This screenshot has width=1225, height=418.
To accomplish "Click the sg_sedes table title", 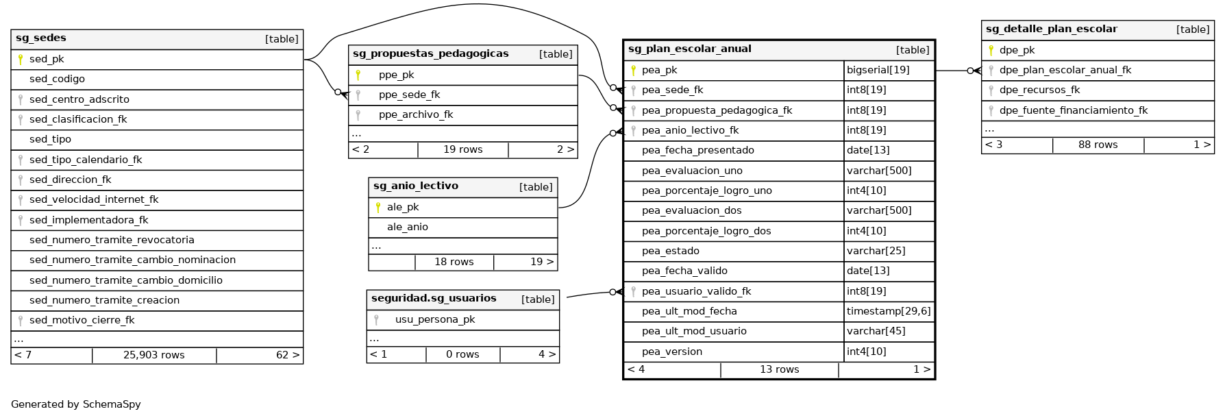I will click(x=41, y=38).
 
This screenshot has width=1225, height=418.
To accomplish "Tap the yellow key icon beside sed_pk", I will click(x=21, y=59).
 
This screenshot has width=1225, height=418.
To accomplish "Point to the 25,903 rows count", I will click(x=154, y=355).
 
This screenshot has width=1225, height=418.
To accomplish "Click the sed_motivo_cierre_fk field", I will click(x=82, y=320).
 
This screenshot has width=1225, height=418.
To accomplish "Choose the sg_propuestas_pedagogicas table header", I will click(x=430, y=53).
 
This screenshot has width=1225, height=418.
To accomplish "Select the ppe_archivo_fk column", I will click(x=416, y=114).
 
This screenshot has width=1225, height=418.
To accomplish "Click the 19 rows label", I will click(x=462, y=149).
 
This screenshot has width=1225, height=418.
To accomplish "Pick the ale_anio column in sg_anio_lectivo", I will click(x=407, y=227).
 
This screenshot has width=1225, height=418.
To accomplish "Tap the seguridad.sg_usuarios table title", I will click(x=434, y=298).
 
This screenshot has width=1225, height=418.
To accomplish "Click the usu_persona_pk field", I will click(x=435, y=319).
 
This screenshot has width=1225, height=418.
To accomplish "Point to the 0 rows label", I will click(x=462, y=354).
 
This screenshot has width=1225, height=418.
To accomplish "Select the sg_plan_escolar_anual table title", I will click(x=689, y=49).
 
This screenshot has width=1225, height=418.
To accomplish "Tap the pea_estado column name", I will click(x=670, y=251).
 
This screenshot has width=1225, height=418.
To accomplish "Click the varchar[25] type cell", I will click(x=876, y=251).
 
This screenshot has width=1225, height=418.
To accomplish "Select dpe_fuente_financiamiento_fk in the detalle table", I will click(x=1073, y=110).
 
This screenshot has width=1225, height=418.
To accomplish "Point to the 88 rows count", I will click(x=1098, y=145).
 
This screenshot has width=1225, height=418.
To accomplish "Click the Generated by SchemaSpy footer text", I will click(x=76, y=404).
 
